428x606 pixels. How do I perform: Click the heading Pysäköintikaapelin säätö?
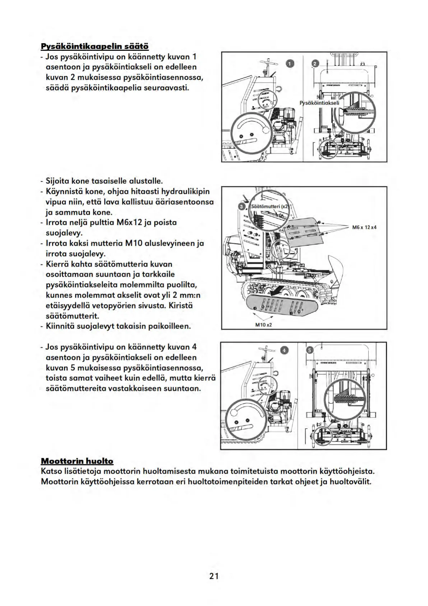pos(95,46)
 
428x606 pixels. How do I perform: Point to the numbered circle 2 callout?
pos(315,64)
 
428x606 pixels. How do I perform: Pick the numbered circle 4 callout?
pos(284,350)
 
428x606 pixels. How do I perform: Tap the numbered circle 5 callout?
pos(310,351)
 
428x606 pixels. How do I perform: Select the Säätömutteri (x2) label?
pos(270,207)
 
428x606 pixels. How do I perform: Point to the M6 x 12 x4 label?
pos(364,227)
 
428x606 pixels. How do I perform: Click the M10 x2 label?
pos(263,325)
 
